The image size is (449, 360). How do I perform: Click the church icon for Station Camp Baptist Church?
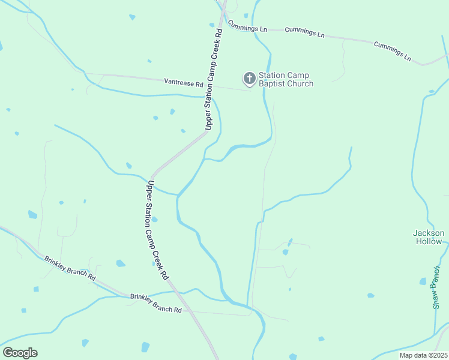[249, 79]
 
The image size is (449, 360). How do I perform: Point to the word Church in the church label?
[300, 84]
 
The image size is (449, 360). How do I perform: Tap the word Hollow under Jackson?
[429, 241]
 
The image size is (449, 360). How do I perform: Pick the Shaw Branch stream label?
[436, 287]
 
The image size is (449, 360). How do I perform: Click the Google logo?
[20, 353]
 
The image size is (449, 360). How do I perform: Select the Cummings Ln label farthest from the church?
[392, 52]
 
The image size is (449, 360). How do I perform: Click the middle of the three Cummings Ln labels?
[304, 32]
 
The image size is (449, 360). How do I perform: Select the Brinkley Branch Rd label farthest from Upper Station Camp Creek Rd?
[70, 268]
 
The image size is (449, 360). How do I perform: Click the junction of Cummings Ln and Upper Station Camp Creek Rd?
[223, 24]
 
